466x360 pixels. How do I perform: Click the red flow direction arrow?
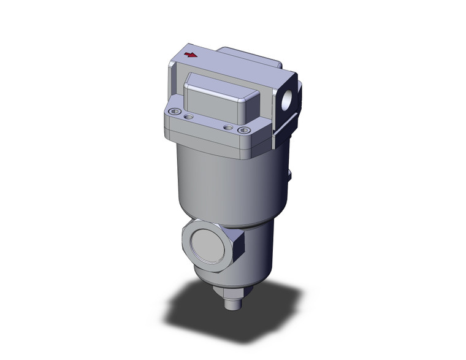coord(191,55)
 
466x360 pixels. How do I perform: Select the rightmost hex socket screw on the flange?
coord(245,130)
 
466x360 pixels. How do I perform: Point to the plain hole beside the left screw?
coord(189,115)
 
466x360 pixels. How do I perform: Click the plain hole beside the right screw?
coord(229,127)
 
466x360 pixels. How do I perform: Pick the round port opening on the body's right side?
coord(288,98)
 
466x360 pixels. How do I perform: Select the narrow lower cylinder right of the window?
coord(258,251)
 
